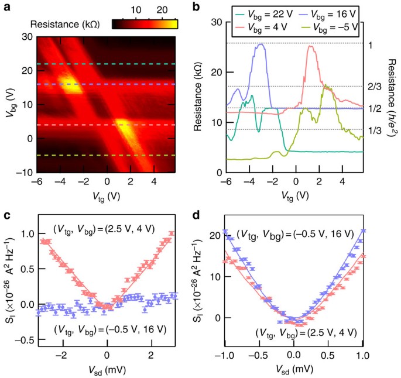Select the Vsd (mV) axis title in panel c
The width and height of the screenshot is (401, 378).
pos(105,369)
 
